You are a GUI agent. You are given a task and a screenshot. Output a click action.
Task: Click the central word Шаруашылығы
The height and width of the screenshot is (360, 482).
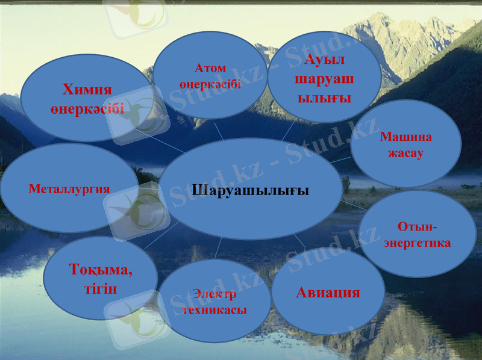click(x=250, y=190)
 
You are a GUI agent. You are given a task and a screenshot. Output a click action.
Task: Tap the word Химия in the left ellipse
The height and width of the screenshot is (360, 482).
click(x=87, y=90)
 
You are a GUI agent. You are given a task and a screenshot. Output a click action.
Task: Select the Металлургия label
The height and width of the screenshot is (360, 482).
click(x=69, y=189)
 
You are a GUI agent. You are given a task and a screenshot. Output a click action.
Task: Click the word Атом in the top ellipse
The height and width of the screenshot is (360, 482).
click(x=210, y=69)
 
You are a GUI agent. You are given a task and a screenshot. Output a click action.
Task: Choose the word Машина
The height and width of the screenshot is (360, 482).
click(x=405, y=137)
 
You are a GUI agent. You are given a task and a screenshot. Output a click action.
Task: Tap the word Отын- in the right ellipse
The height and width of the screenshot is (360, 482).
click(x=417, y=226)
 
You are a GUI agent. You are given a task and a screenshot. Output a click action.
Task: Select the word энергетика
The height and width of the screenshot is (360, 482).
click(x=417, y=243)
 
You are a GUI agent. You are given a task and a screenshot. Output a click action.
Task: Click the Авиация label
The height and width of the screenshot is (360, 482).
click(x=328, y=293)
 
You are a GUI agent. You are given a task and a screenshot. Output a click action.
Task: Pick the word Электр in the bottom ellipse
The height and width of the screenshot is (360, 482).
click(x=214, y=294)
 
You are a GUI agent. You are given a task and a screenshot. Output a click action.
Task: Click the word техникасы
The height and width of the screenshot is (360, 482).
click(x=214, y=310)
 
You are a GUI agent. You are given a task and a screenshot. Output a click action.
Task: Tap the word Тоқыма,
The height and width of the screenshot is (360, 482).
click(x=101, y=270)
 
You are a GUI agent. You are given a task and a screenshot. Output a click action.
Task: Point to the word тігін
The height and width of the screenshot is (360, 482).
click(x=100, y=288)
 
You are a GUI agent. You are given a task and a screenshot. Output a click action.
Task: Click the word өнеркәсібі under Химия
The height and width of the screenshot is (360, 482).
click(x=87, y=108)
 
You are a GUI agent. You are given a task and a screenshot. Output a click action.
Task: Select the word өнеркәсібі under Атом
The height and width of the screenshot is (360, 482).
click(x=210, y=84)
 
